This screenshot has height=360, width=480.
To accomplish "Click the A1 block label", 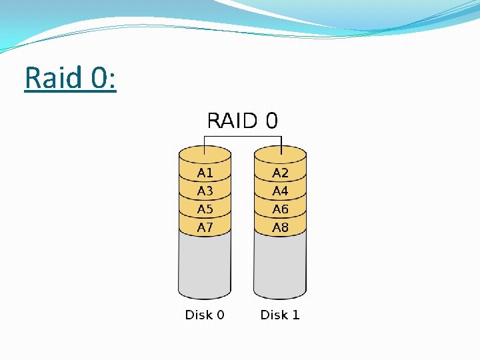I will pyautogui.click(x=205, y=173).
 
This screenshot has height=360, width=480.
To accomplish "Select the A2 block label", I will pyautogui.click(x=281, y=173).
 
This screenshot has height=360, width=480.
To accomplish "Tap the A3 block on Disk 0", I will pyautogui.click(x=205, y=191).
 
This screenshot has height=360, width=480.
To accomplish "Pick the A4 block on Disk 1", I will pyautogui.click(x=281, y=191).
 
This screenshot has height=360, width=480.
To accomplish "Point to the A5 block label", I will pyautogui.click(x=205, y=209).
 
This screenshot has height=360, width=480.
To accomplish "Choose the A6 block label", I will pyautogui.click(x=281, y=209).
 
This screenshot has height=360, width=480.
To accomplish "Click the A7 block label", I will pyautogui.click(x=205, y=227).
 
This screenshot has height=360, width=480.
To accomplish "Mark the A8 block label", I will pyautogui.click(x=281, y=227).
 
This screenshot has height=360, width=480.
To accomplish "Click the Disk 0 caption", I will pyautogui.click(x=205, y=315).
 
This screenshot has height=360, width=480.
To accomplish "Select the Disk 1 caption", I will pyautogui.click(x=280, y=315).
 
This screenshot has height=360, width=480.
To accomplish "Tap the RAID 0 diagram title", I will pyautogui.click(x=243, y=121).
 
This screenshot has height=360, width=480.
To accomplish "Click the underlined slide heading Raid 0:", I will pyautogui.click(x=70, y=78).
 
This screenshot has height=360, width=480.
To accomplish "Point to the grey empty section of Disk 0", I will pyautogui.click(x=205, y=267).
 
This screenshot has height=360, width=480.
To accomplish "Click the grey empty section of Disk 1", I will pyautogui.click(x=281, y=267).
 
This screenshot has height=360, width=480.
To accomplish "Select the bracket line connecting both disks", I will pyautogui.click(x=243, y=137).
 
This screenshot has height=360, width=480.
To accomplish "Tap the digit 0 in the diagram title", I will pyautogui.click(x=271, y=121).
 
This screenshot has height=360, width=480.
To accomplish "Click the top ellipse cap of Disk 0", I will pyautogui.click(x=205, y=153).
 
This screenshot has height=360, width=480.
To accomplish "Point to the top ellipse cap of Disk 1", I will pyautogui.click(x=281, y=153).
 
